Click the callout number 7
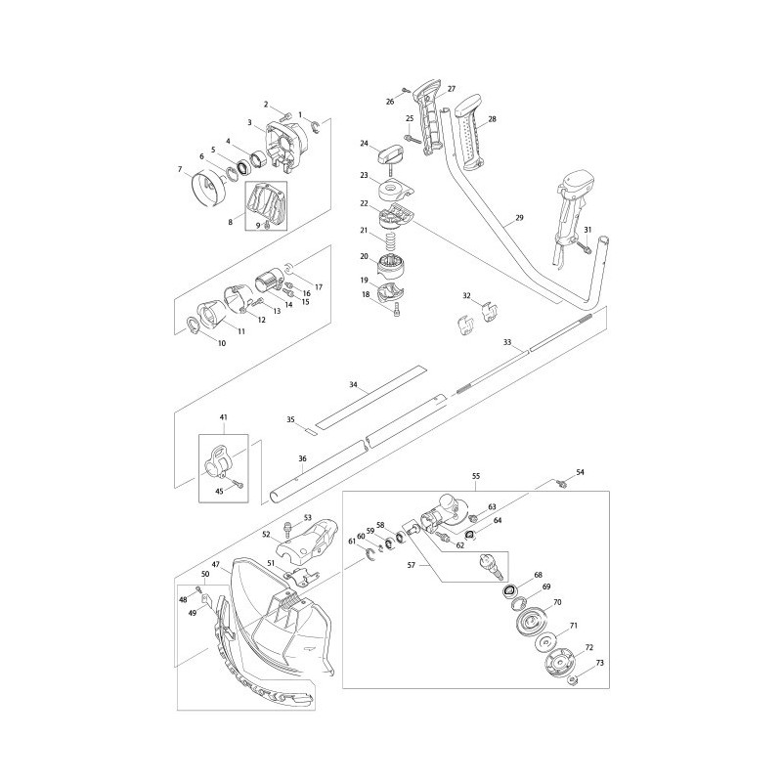pyautogui.click(x=180, y=169)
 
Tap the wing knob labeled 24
pyautogui.click(x=392, y=153)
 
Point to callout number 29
pyautogui.click(x=519, y=218)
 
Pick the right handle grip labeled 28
pyautogui.click(x=469, y=134)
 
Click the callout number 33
pyautogui.click(x=507, y=343)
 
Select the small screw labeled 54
pyautogui.click(x=564, y=483)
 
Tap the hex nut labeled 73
pyautogui.click(x=573, y=678)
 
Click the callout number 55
pyautogui.click(x=476, y=476)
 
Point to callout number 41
pyautogui.click(x=223, y=416)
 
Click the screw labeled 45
pyautogui.click(x=239, y=483)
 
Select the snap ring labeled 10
pyautogui.click(x=193, y=325)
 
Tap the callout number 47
pyautogui.click(x=215, y=565)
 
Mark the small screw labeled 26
pyautogui.click(x=406, y=90)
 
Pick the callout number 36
pyautogui.click(x=302, y=458)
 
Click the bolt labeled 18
pyautogui.click(x=397, y=312)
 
